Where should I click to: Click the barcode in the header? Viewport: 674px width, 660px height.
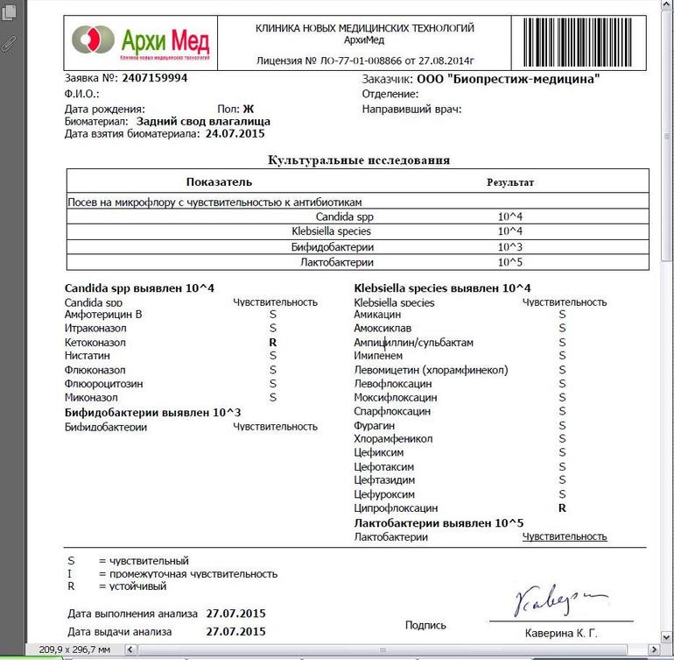click(x=584, y=41)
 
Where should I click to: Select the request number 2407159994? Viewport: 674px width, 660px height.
click(x=155, y=78)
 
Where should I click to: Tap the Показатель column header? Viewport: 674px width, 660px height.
click(x=219, y=182)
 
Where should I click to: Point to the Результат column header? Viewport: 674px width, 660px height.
click(x=509, y=182)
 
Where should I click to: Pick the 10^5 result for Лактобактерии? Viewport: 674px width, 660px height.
click(x=509, y=261)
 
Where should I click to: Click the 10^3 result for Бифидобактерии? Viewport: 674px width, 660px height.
click(x=509, y=246)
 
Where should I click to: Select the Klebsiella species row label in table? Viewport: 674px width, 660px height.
click(x=331, y=231)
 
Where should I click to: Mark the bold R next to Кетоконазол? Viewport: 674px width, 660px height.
click(x=273, y=342)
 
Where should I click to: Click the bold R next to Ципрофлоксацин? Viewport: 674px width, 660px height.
click(x=562, y=507)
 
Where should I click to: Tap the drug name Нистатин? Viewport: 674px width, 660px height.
click(x=88, y=356)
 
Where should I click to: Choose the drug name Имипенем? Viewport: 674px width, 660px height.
click(x=378, y=356)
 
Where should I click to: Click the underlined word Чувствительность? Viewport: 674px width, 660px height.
click(x=565, y=536)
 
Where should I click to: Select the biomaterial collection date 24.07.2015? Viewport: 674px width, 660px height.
click(x=235, y=134)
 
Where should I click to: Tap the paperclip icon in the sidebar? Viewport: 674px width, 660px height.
click(x=10, y=42)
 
